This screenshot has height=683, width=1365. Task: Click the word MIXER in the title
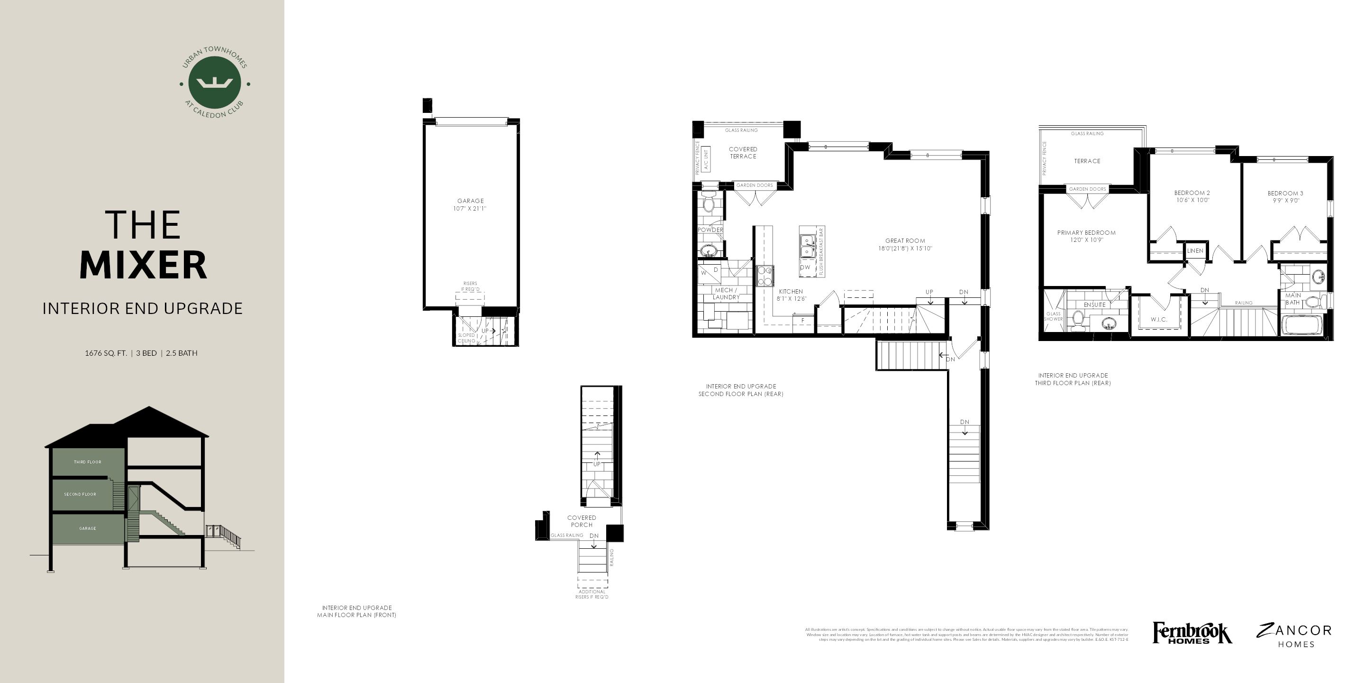[x=143, y=265]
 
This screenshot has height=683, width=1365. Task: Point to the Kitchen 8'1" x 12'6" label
[x=791, y=295]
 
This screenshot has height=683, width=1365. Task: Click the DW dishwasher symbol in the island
[x=805, y=268]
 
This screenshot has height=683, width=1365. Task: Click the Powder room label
[x=710, y=230]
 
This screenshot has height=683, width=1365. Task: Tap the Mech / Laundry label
[x=726, y=293]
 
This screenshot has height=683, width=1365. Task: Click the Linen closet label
[x=1195, y=251]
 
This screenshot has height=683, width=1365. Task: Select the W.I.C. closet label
[x=1159, y=320]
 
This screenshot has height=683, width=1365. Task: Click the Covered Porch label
[x=581, y=521]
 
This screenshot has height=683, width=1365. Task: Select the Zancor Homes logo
[x=1293, y=635]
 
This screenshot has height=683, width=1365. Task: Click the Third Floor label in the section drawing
[x=87, y=462]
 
